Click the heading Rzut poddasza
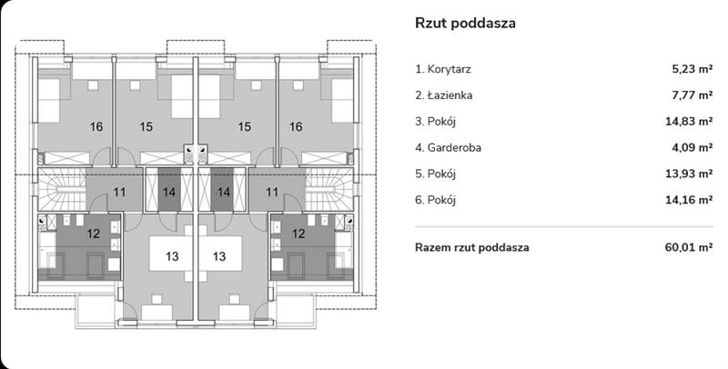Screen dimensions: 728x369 465,24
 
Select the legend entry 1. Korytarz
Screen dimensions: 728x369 443,70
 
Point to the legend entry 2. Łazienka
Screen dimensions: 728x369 444,95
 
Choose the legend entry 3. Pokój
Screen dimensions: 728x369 436,122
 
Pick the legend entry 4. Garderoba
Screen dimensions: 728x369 448,148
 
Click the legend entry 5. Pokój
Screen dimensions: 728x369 436,175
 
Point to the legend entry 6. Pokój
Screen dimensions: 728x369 436,200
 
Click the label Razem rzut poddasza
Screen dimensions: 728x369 471,247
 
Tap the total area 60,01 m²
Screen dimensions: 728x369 690,247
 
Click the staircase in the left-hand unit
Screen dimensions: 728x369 62,189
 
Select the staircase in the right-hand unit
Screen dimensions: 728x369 329,189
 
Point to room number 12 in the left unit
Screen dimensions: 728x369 94,234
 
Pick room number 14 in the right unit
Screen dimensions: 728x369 224,192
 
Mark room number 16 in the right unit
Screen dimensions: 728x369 296,126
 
